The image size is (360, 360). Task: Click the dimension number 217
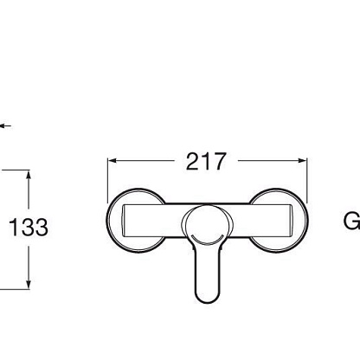pos(206,162)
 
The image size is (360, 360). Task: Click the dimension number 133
pos(29,228)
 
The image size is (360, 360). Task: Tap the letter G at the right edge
pos(352,222)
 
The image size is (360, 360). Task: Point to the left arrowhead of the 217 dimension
pos(112,161)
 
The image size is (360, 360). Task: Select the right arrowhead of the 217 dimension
pos(303,161)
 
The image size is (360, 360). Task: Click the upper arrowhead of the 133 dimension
pos(29,175)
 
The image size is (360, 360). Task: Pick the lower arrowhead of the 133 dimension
pos(29,284)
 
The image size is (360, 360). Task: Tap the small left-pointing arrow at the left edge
pos(5,125)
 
